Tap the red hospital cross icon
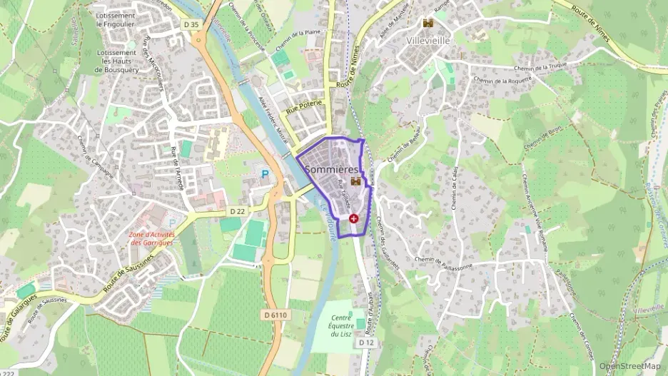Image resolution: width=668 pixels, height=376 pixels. click(353, 218)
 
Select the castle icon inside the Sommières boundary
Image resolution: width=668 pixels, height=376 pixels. click(355, 181)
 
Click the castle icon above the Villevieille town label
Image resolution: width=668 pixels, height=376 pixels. click(428, 24)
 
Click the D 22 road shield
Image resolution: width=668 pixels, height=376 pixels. click(238, 211)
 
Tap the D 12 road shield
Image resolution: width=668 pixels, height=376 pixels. click(367, 342)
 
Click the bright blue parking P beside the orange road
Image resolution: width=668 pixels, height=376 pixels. click(265, 173)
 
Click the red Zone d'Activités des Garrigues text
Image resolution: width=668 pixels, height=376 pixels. click(152, 238)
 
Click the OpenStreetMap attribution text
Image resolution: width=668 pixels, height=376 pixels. click(629, 366)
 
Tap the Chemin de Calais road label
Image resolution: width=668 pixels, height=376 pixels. click(454, 189)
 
